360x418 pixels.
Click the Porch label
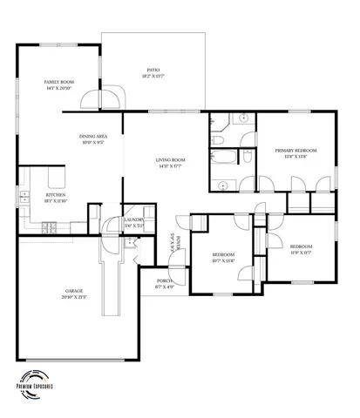coord(165,284)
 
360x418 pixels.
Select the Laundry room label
coord(133,223)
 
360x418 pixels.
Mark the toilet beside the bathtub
coord(215,138)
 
